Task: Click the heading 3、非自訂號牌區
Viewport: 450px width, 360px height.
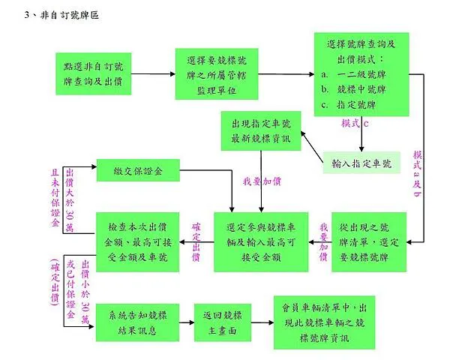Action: coord(61,14)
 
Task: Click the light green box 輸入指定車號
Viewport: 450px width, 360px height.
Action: coord(361,162)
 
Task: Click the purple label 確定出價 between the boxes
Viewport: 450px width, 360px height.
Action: coord(196,241)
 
